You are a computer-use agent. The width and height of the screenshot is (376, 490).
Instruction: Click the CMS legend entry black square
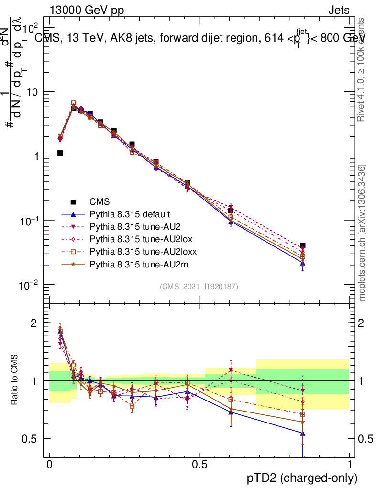(73, 201)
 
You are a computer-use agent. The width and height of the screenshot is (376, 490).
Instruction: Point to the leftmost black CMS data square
(60, 153)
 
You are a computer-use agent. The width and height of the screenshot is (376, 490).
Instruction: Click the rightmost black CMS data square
(302, 245)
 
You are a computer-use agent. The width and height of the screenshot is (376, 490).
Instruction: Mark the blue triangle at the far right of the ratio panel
(302, 434)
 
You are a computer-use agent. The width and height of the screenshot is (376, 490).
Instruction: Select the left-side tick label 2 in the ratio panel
(33, 323)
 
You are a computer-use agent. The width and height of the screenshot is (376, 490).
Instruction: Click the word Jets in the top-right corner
(338, 10)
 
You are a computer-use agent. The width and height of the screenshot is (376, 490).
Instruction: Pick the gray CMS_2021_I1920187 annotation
(199, 286)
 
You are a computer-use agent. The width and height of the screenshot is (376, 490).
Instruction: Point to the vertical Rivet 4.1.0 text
(362, 69)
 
